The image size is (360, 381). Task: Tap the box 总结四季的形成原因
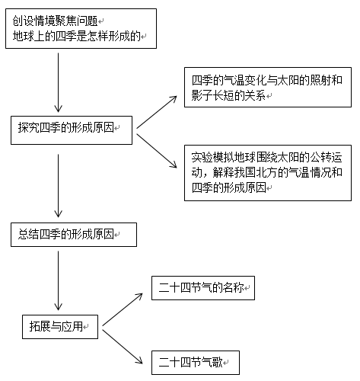point(73,234)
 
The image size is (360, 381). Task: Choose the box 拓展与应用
point(59,328)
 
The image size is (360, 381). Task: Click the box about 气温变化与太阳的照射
point(266,88)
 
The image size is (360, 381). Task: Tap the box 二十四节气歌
point(195,359)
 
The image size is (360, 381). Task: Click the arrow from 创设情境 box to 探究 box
point(59,84)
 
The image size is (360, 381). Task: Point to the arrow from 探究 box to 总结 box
point(59,187)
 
